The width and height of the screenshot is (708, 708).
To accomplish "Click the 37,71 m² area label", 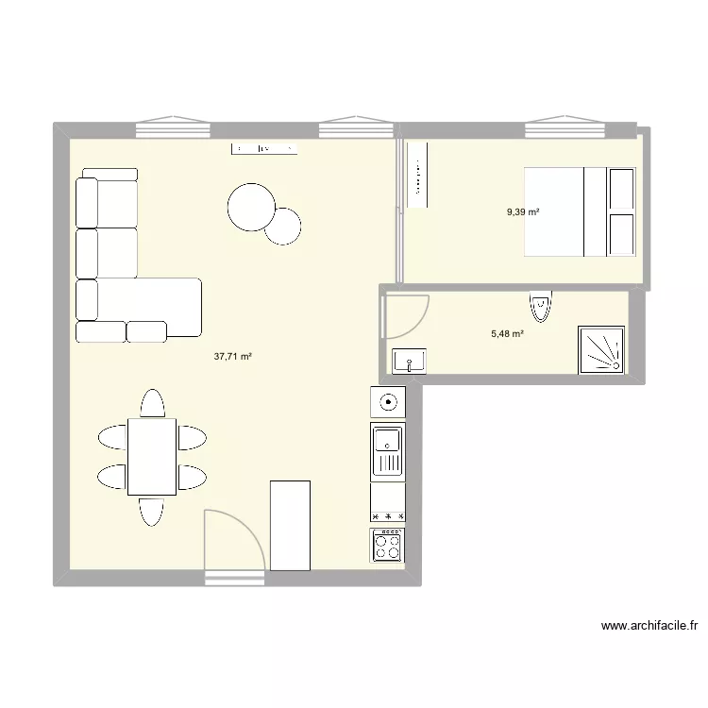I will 233,357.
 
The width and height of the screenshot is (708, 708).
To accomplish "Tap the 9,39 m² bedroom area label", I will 523,212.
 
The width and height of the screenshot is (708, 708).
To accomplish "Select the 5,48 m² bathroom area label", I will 508,333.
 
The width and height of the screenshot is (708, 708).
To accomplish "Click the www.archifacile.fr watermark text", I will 649,625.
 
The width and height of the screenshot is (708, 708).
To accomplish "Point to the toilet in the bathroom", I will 540,306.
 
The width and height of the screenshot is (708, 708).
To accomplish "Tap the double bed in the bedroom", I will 580,211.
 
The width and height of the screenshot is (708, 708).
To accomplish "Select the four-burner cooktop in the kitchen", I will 388,546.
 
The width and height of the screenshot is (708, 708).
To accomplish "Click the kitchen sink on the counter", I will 388,450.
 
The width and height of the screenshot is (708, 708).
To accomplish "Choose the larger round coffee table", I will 251,206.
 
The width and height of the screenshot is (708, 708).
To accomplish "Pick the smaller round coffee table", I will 282,225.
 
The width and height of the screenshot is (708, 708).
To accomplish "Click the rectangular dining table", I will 152,456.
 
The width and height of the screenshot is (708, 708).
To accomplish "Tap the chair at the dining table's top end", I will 152,403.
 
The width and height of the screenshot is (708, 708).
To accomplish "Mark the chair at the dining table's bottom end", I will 152,511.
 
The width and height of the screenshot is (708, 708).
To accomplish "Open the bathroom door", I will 403,316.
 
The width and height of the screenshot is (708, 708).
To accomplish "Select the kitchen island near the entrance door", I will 290,525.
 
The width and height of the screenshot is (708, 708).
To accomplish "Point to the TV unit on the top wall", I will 266,149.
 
